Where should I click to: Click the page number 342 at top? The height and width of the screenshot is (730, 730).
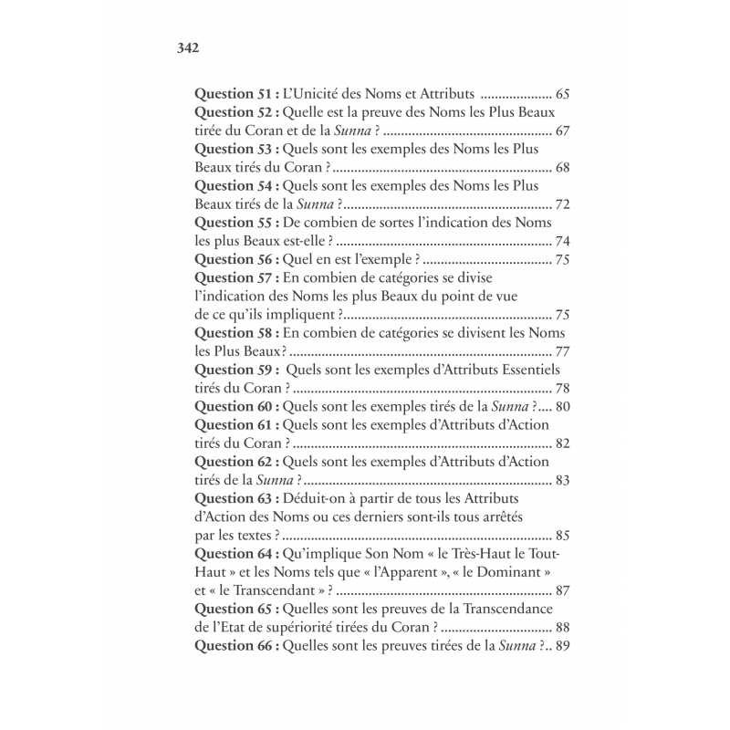(x=187, y=47)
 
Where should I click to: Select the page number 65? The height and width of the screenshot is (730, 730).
(x=562, y=94)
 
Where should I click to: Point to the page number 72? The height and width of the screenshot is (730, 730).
(x=562, y=204)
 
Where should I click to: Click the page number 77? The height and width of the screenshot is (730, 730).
(x=562, y=351)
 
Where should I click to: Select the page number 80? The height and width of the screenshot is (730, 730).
(x=562, y=407)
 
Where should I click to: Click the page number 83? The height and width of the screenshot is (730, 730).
(x=562, y=480)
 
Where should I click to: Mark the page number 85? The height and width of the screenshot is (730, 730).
(x=562, y=536)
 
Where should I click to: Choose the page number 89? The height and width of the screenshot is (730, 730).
(x=562, y=646)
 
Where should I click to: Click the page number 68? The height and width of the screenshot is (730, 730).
(x=562, y=168)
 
